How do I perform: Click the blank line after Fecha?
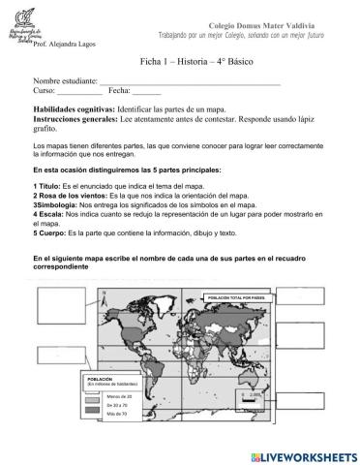click(x=146, y=91)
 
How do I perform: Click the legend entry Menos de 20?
click(x=124, y=398)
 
